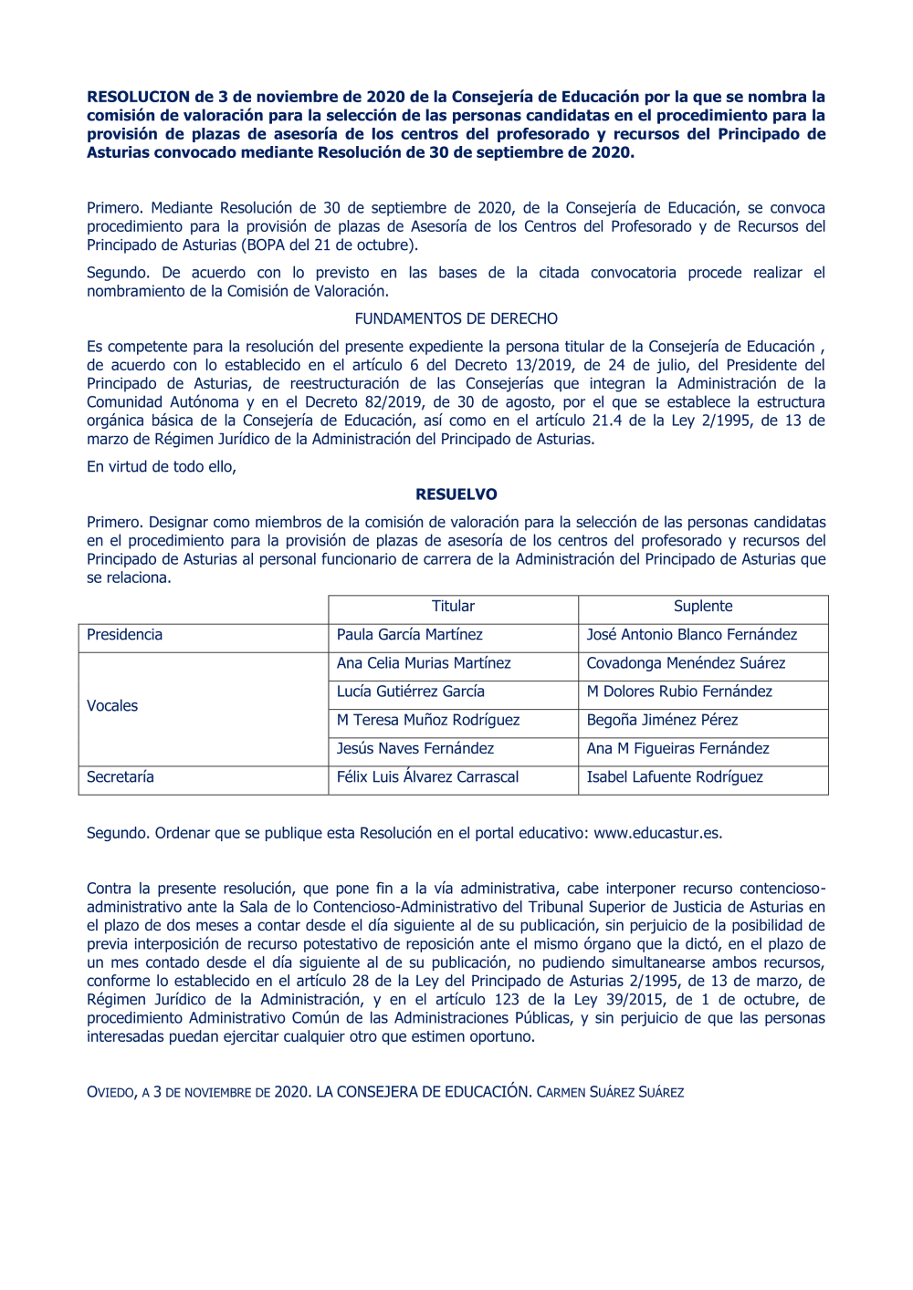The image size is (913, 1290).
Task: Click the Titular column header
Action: [x=453, y=607]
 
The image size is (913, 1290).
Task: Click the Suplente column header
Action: [x=703, y=607]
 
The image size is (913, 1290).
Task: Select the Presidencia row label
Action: [x=125, y=635]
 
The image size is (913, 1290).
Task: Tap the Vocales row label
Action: [x=112, y=706]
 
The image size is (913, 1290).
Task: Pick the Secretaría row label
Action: [x=121, y=777]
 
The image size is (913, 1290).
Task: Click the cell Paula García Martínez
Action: [x=409, y=635]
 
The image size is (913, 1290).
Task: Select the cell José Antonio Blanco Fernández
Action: [x=691, y=635]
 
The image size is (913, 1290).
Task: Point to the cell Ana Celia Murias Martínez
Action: [x=424, y=663]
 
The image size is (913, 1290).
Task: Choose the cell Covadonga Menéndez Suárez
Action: [x=686, y=663]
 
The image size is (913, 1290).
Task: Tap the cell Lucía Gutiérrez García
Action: [x=410, y=692]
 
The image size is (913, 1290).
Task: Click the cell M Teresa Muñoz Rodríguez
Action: [x=427, y=721]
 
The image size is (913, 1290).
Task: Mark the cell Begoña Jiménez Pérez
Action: [x=662, y=721]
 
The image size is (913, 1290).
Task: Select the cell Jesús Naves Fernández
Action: [x=415, y=749]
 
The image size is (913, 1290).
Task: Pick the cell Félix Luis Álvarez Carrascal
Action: [x=427, y=777]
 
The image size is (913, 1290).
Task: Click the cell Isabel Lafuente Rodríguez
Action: [x=675, y=777]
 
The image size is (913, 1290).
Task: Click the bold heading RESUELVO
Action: [x=456, y=494]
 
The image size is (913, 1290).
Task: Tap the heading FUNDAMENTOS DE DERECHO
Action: [x=456, y=319]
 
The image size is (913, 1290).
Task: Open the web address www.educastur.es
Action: [x=657, y=834]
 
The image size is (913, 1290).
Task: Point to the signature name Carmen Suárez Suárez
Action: [x=610, y=1092]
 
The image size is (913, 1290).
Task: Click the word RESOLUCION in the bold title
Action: [x=138, y=97]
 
